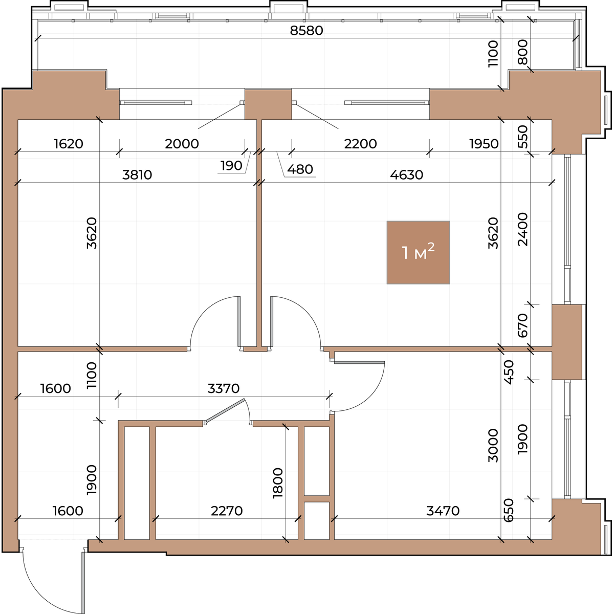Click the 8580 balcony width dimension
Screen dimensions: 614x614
click(x=306, y=31)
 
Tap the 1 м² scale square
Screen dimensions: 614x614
click(x=418, y=252)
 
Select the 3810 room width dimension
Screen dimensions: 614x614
click(x=137, y=175)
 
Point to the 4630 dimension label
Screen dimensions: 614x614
click(x=406, y=175)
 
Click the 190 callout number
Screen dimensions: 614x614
click(x=231, y=166)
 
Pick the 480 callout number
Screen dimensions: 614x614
click(x=300, y=169)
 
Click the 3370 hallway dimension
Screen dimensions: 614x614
click(x=224, y=389)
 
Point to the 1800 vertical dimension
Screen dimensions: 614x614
click(x=278, y=483)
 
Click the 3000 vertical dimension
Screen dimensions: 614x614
click(x=493, y=446)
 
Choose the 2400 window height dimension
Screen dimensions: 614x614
click(x=523, y=229)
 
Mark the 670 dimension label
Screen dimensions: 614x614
click(x=523, y=325)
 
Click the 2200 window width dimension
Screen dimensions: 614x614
click(x=360, y=144)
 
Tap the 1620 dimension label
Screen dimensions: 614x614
click(x=69, y=144)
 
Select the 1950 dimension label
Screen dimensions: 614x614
click(x=484, y=144)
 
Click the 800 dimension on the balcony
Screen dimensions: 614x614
click(x=523, y=52)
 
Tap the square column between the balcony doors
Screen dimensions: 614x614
click(x=268, y=104)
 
